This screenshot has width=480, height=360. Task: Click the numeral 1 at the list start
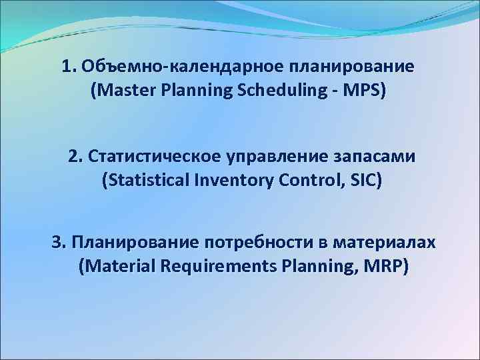(66, 67)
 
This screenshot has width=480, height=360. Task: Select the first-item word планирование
(353, 67)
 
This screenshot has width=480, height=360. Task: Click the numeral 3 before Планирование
(57, 241)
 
